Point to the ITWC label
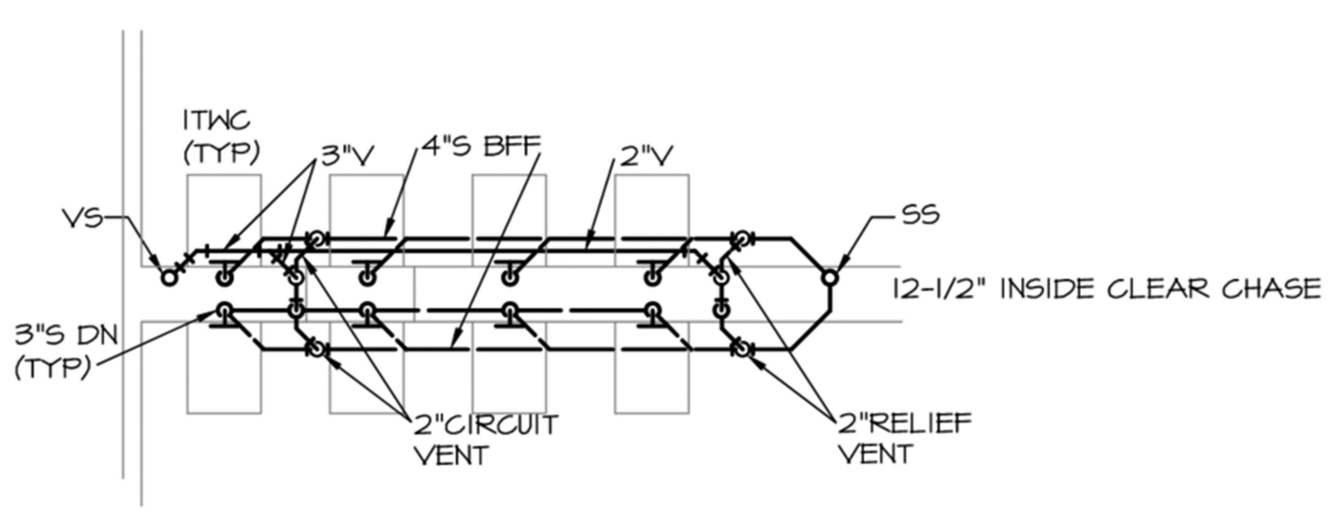[217, 121]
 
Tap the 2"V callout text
[647, 156]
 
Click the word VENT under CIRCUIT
[453, 455]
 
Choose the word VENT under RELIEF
[875, 454]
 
